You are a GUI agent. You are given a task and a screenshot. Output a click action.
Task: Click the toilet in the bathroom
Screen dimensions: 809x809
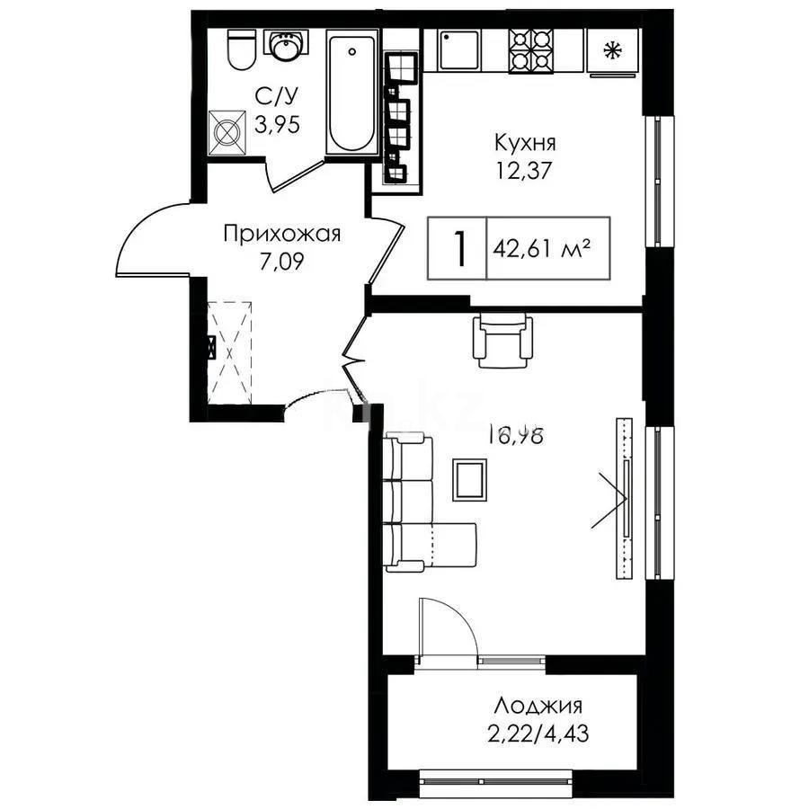tap(239, 50)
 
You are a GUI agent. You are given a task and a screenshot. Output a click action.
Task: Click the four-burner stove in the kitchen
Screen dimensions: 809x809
tap(531, 50)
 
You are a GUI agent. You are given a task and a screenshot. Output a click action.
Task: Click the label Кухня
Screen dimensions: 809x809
tap(524, 142)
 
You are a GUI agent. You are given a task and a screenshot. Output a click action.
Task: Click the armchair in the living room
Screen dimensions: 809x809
tap(504, 340)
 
